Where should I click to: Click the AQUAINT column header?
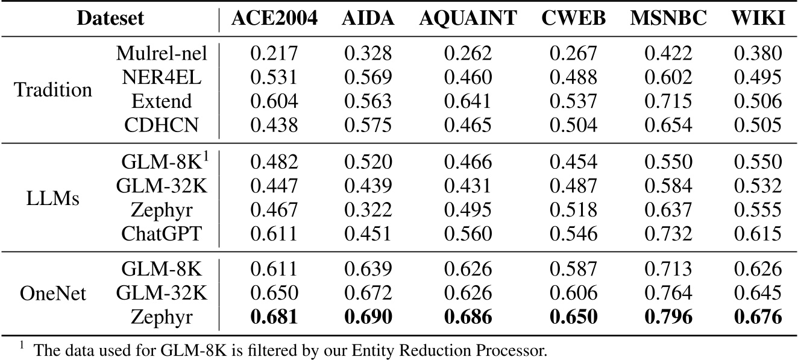(468, 19)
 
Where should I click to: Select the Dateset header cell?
(110, 19)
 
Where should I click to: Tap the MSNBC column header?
(668, 19)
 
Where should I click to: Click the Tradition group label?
(53, 90)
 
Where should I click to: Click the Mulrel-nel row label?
(162, 54)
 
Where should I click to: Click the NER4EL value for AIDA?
(368, 78)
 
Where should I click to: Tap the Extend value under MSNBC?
(668, 101)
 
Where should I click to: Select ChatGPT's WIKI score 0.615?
(758, 234)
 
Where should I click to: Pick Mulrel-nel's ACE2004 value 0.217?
(274, 54)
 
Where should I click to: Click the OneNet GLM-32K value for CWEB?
(573, 294)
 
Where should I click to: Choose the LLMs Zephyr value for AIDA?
(368, 210)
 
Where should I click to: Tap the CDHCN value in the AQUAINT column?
(468, 125)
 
